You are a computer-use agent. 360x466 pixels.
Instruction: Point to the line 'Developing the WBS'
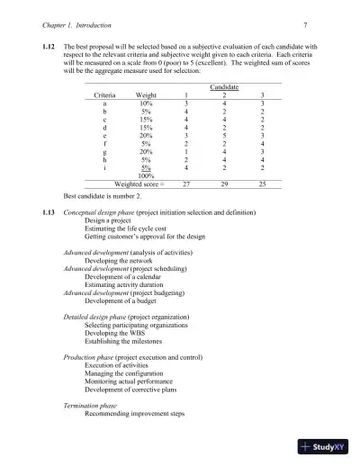[114, 334]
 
